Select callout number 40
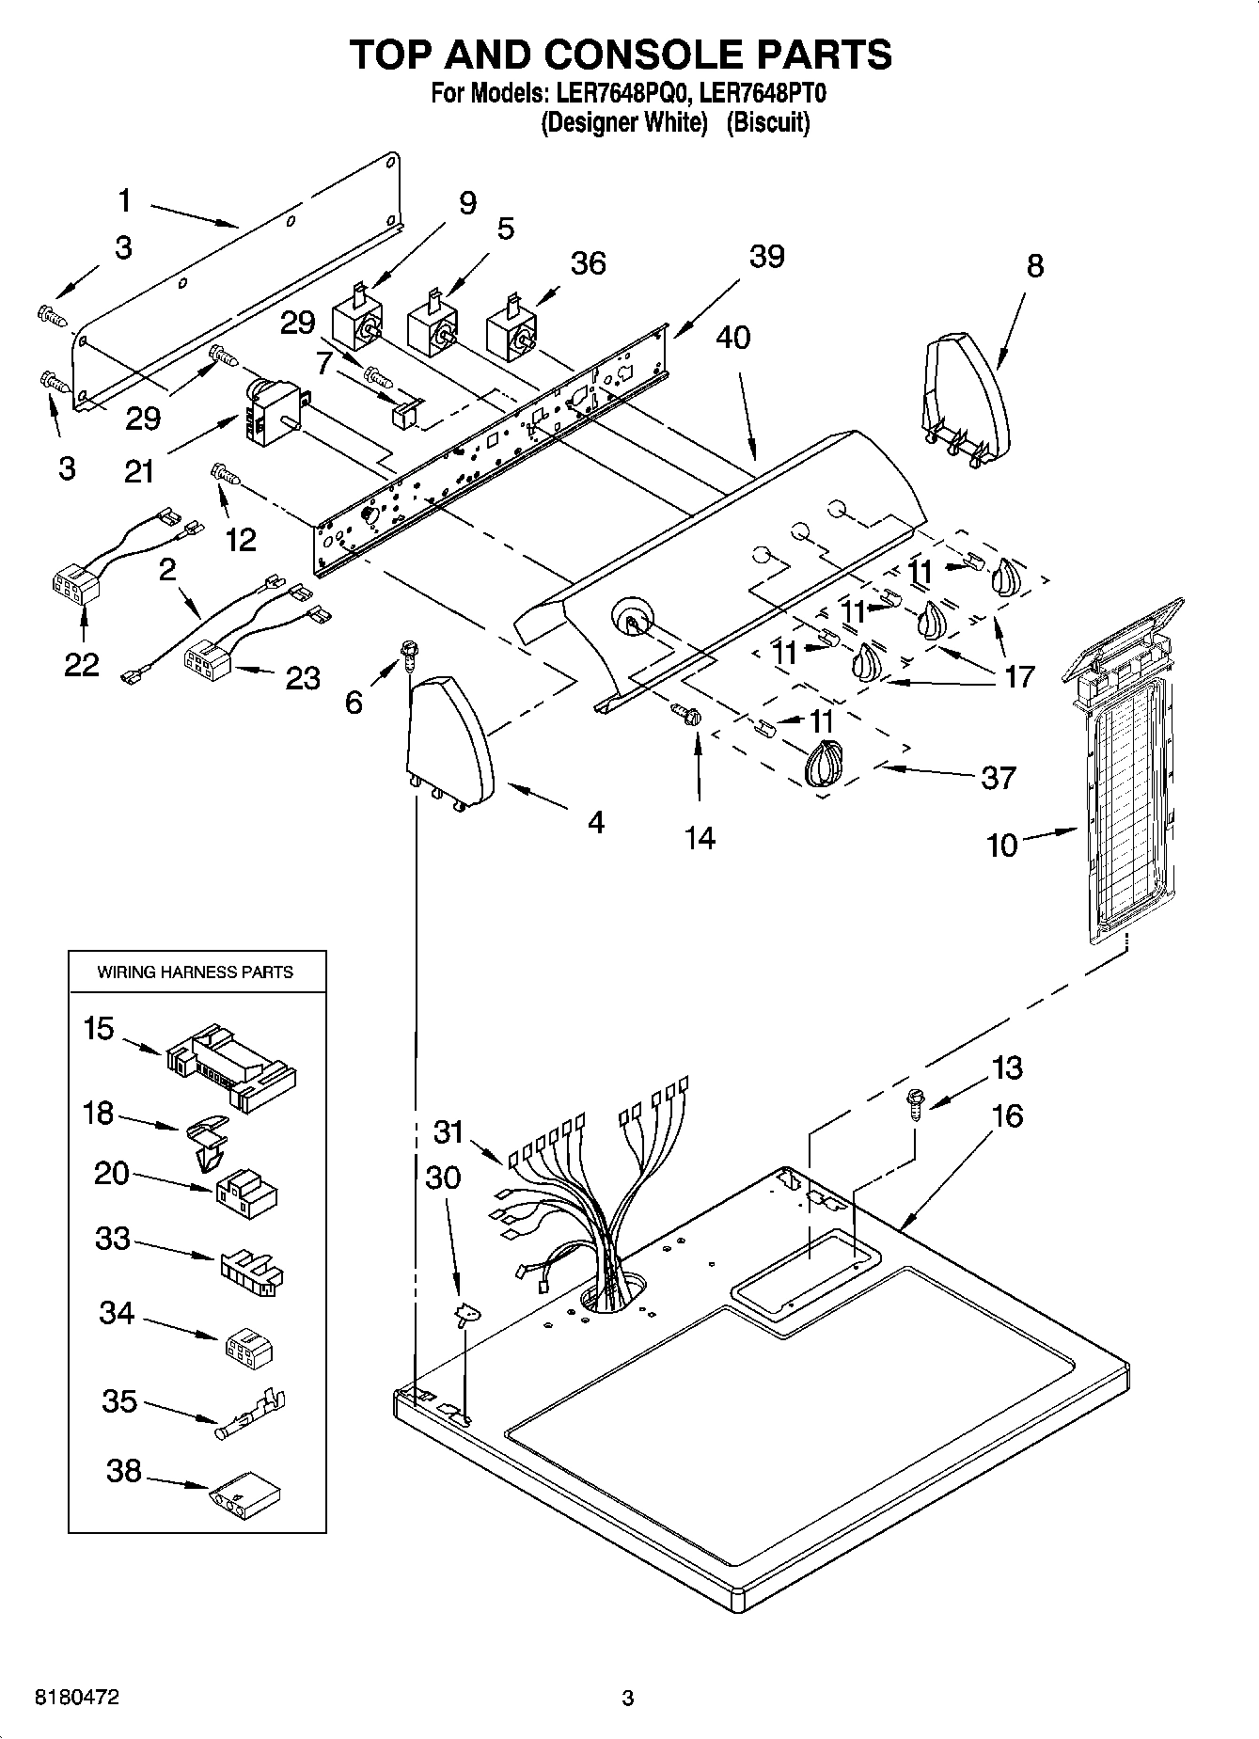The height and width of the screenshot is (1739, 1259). [733, 337]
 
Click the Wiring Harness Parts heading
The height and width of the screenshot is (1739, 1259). [196, 972]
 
